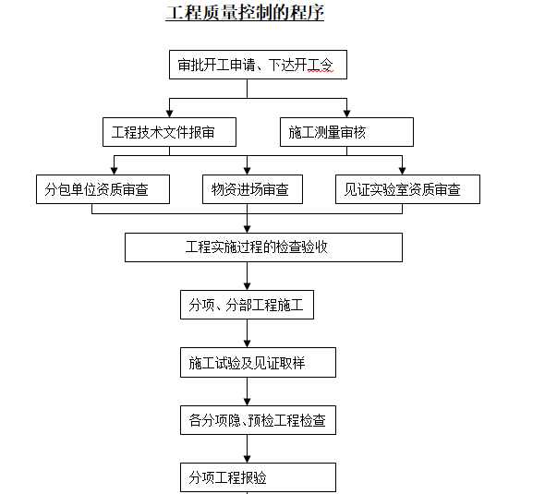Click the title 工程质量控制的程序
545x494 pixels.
tap(245, 13)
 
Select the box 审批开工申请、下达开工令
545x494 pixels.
tap(258, 65)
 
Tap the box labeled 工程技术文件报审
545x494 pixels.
tap(169, 132)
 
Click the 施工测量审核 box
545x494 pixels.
tap(346, 132)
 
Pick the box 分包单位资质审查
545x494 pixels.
tap(103, 189)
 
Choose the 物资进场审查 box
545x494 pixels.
tap(253, 189)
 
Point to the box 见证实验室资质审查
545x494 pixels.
tap(407, 189)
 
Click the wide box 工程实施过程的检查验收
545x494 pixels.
tap(263, 247)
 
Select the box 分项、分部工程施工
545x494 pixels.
tap(247, 305)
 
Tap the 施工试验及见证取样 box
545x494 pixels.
tap(258, 362)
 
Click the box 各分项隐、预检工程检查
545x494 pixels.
tap(258, 420)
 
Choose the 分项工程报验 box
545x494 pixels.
tap(258, 477)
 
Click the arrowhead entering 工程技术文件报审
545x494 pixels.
tap(169, 114)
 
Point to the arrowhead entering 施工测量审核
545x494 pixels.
tap(346, 114)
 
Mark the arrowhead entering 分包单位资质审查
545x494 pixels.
tap(114, 171)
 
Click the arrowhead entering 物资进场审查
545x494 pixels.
tap(248, 171)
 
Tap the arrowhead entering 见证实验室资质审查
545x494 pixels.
tap(402, 171)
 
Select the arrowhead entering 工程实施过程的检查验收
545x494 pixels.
tap(248, 229)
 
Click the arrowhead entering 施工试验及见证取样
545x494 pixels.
tap(248, 343)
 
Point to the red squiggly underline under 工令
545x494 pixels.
tap(321, 72)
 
